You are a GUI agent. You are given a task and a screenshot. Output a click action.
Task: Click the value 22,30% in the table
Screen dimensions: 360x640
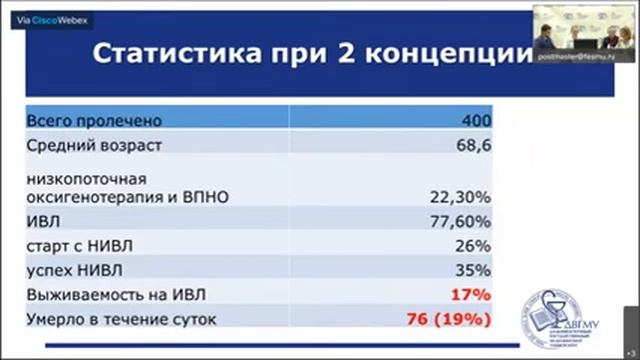coord(463,197)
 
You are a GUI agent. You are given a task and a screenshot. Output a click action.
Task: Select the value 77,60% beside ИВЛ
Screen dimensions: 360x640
coord(463,221)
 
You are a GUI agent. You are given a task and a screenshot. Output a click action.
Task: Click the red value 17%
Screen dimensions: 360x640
coord(470,295)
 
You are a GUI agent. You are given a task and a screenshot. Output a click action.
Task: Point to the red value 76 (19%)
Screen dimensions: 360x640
coord(449,320)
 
